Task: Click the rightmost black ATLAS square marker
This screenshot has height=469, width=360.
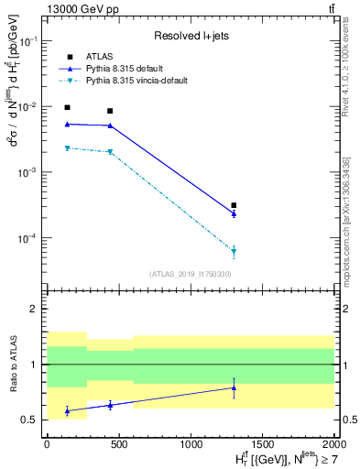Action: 234,205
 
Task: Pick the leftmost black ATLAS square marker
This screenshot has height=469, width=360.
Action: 67,107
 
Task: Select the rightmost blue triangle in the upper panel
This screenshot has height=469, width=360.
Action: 234,213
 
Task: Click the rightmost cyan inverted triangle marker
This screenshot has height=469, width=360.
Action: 234,251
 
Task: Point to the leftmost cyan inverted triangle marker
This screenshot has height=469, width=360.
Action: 67,147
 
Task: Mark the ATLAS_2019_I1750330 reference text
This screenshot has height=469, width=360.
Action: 189,274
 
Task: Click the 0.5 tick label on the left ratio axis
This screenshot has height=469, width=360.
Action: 31,420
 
